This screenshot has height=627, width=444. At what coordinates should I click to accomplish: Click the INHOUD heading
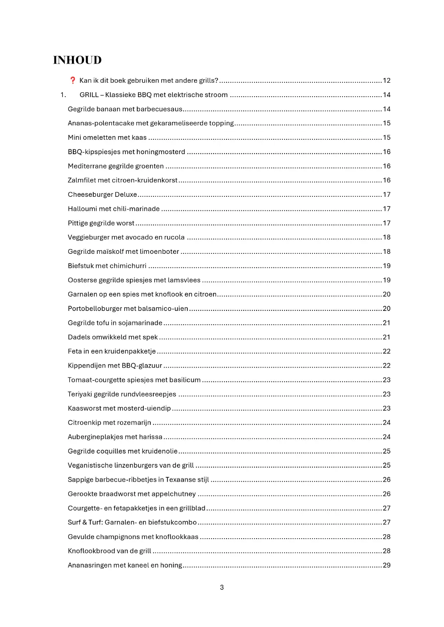coord(78,60)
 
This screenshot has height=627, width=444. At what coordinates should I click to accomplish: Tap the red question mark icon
coord(73,80)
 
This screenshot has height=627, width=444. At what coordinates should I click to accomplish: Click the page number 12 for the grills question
coord(386,81)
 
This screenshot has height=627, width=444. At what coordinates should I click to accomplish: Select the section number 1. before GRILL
coord(63,95)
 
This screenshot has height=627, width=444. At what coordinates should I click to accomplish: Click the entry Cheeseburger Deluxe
coord(102,195)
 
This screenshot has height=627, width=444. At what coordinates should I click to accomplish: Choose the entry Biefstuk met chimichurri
coord(107,266)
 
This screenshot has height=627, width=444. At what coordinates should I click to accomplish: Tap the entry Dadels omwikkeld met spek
coord(113,337)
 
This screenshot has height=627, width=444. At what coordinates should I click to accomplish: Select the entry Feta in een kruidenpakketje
coord(112,351)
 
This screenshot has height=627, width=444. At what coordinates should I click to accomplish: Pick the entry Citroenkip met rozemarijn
coord(109,423)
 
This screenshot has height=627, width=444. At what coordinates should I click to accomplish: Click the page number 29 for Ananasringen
coord(386,565)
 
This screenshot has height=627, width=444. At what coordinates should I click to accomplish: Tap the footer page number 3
coord(222,587)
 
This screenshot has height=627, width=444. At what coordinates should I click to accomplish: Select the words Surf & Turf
coord(85,522)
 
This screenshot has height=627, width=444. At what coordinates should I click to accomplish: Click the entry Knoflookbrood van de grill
coord(109,551)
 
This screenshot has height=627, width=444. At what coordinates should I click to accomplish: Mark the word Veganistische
coord(90,465)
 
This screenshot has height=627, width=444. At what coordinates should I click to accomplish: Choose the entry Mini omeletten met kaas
coord(107,138)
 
